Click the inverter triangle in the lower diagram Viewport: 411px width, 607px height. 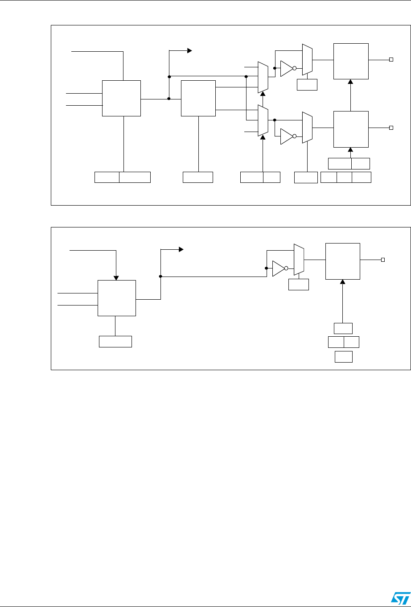(278, 268)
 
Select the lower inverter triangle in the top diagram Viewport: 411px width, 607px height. (286, 136)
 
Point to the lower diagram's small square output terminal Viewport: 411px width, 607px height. (382, 260)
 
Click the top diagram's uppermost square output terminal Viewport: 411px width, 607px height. (391, 60)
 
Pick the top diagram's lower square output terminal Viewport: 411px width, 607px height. (391, 128)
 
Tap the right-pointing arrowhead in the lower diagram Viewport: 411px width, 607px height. (181, 250)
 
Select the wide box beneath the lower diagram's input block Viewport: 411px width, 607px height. (115, 342)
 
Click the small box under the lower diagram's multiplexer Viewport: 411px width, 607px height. (299, 285)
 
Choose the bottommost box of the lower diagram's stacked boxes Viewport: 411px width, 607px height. (343, 357)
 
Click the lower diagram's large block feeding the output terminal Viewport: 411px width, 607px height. (342, 261)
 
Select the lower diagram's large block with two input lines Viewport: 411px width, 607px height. (116, 298)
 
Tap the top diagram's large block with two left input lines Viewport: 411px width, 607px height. (121, 99)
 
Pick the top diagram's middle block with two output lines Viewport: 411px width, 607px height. (198, 99)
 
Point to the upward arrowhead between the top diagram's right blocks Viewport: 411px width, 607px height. (350, 82)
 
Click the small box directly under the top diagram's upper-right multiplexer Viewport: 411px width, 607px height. (307, 84)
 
